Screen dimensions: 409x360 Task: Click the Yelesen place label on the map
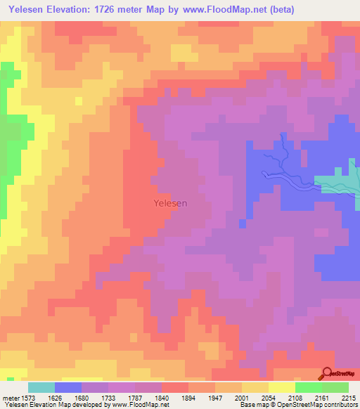170,203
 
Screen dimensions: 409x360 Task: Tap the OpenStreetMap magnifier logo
328,374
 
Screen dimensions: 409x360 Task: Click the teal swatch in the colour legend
41,387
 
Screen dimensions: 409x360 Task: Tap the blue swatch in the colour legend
68,387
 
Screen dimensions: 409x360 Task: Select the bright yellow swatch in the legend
282,387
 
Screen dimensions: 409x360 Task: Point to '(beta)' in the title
280,10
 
